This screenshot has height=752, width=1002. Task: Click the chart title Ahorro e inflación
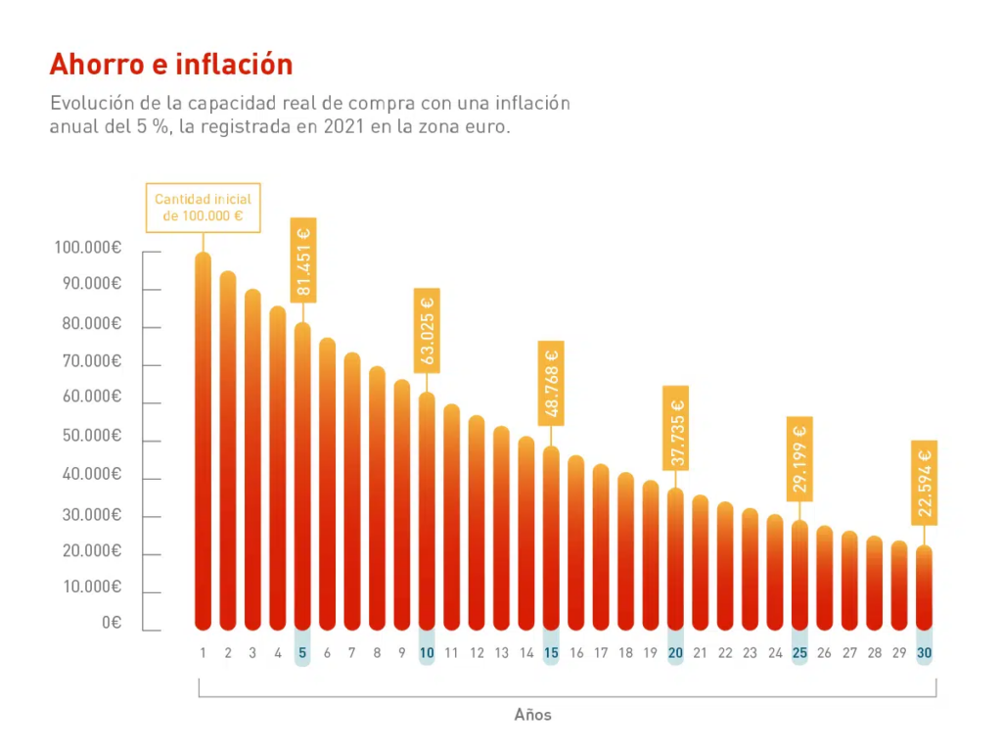[171, 65]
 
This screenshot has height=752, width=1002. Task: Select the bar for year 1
[203, 441]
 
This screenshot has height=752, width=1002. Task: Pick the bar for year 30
[925, 587]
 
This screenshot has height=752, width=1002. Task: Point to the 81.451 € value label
[303, 259]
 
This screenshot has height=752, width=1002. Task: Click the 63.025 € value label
[428, 330]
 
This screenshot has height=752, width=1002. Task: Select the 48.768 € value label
[551, 383]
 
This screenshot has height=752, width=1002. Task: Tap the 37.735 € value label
[676, 428]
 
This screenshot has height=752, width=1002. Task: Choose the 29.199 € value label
[799, 459]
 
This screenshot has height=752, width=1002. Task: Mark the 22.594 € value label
[925, 483]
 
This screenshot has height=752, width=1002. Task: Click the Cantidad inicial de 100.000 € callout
[204, 208]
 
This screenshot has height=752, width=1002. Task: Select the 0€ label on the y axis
[110, 623]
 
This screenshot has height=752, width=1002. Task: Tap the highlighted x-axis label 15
[551, 653]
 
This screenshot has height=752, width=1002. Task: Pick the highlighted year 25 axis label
[799, 653]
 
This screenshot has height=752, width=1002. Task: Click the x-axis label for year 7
[352, 653]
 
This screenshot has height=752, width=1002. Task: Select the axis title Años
[533, 715]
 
